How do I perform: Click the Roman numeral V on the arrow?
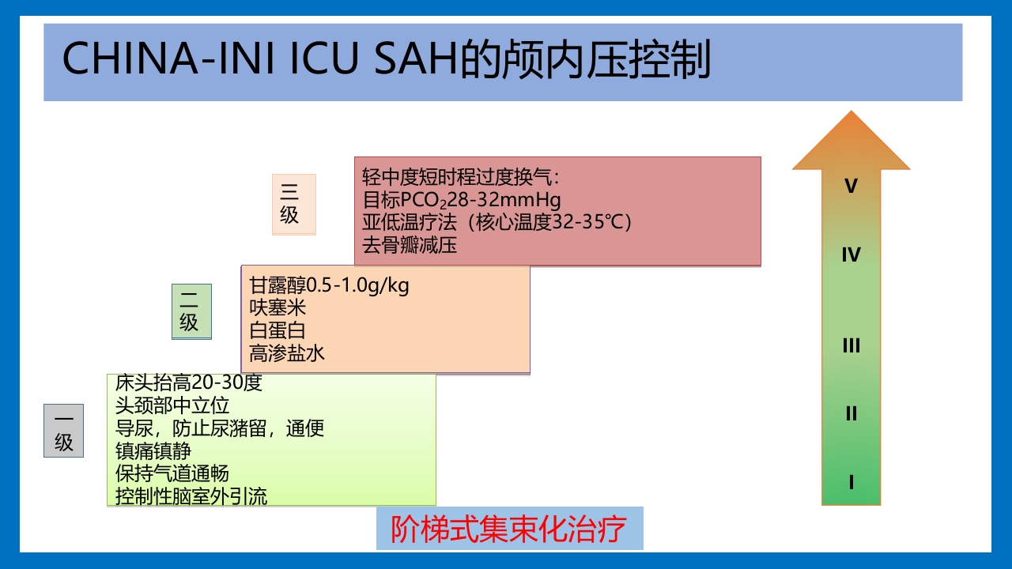(x=851, y=187)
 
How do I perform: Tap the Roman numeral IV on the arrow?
(x=851, y=254)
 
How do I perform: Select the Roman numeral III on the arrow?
(x=851, y=345)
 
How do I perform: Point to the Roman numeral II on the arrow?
(x=851, y=413)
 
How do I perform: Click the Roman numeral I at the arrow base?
(x=851, y=482)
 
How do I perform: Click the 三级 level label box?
(x=293, y=204)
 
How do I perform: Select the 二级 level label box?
(x=191, y=311)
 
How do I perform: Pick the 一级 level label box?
(x=63, y=431)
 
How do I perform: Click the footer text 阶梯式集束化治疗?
(x=509, y=529)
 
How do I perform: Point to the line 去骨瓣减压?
(x=410, y=244)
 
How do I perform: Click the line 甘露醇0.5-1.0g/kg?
(x=329, y=285)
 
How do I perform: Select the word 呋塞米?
(x=278, y=307)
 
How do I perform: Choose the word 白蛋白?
(x=278, y=330)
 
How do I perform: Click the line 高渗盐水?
(x=287, y=352)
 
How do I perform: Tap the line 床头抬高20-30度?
(x=188, y=383)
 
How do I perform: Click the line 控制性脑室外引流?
(x=191, y=496)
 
